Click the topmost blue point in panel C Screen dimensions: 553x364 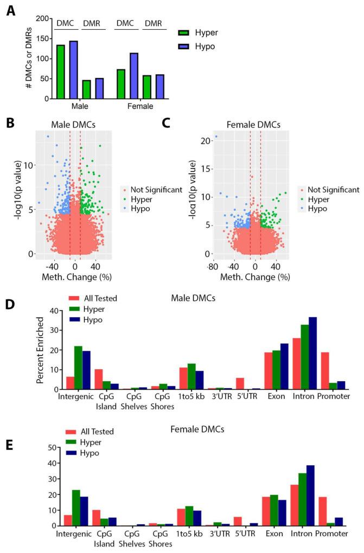pos(216,136)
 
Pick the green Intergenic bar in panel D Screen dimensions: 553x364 pos(78,368)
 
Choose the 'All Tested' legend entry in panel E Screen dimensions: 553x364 pos(91,432)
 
